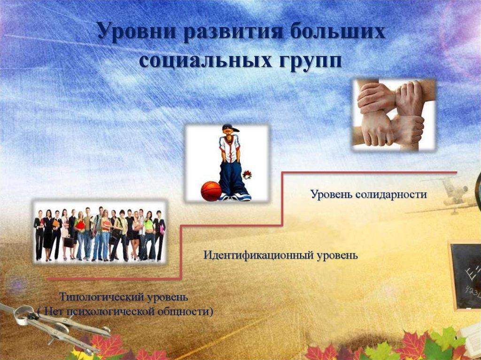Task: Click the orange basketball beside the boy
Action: click(x=211, y=191)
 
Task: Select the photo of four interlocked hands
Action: click(x=394, y=114)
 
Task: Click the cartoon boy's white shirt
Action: click(x=230, y=148)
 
